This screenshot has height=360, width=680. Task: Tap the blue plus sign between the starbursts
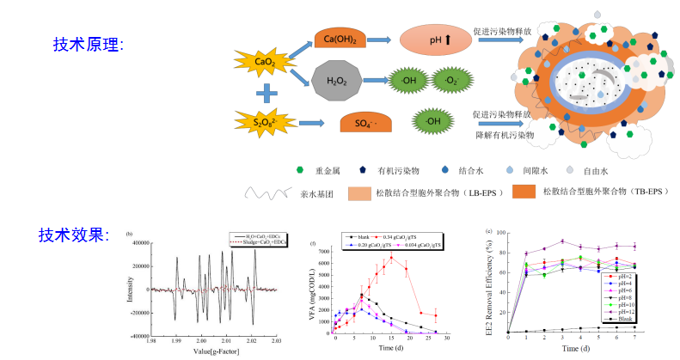point(267,92)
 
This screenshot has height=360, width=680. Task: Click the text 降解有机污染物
point(505,135)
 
